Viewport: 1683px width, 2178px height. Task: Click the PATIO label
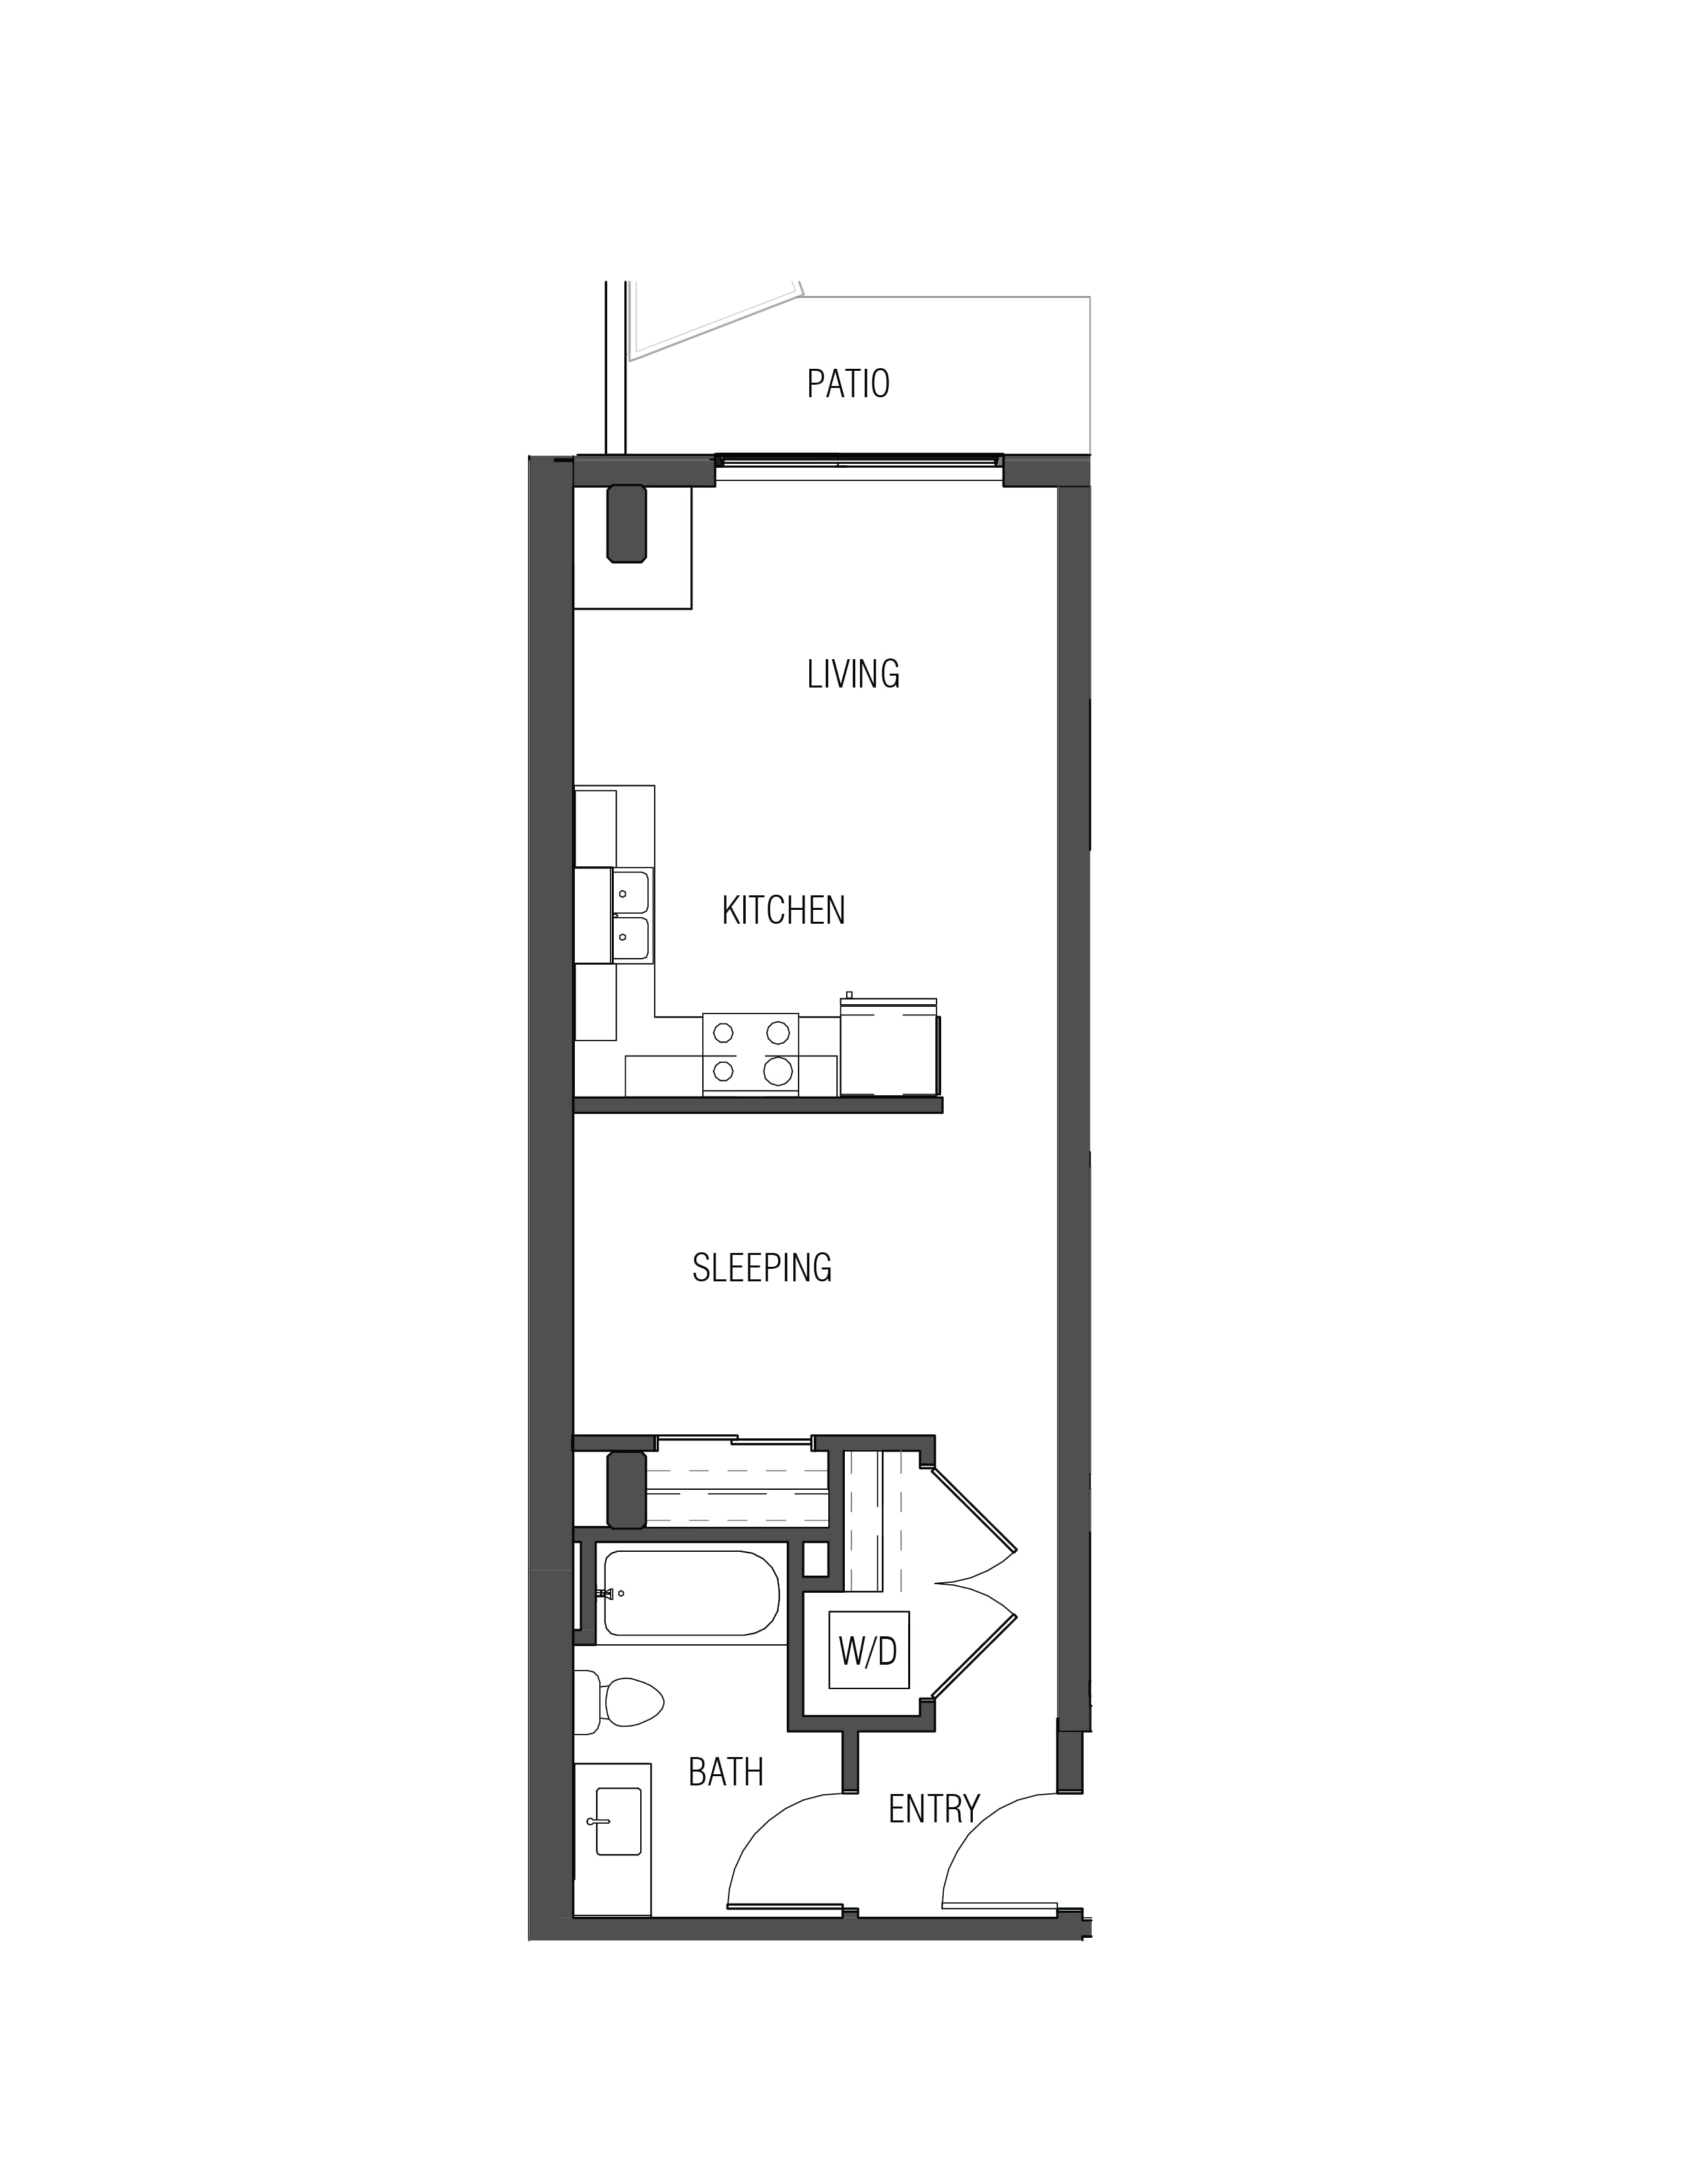click(848, 384)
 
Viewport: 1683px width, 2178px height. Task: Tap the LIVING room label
click(853, 674)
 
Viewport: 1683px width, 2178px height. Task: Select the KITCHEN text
click(783, 911)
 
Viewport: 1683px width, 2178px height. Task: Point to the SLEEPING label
click(762, 1267)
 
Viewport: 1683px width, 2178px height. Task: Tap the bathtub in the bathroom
click(690, 1593)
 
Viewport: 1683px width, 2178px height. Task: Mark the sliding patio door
click(859, 461)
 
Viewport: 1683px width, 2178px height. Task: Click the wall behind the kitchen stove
click(758, 1105)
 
